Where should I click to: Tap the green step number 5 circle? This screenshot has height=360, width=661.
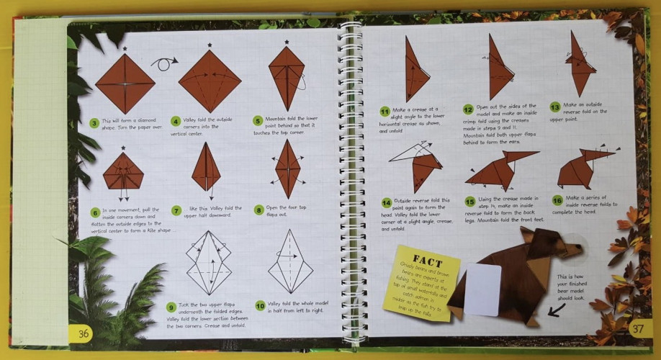point(257,121)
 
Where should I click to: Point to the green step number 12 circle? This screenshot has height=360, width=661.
point(468,109)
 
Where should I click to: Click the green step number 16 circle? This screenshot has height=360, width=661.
point(557,200)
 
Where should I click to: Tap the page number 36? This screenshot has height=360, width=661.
point(84,333)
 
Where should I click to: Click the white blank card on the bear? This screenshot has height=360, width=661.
point(482,289)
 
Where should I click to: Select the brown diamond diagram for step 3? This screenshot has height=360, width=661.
point(125,84)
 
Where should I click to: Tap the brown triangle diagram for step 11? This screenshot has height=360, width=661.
point(415,71)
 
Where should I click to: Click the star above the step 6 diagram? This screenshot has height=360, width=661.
point(124,148)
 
